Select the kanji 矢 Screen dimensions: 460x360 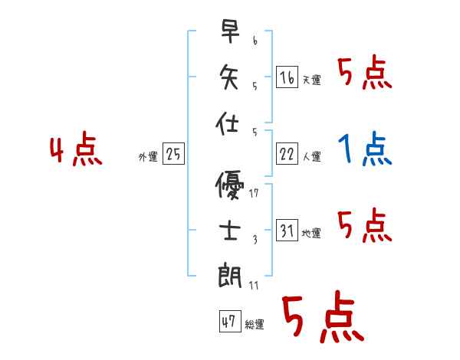click(x=229, y=77)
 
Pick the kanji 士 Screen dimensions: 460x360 click(x=230, y=231)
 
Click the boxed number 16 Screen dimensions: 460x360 click(x=287, y=77)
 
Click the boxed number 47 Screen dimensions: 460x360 click(x=229, y=322)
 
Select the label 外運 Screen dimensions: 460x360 click(x=147, y=157)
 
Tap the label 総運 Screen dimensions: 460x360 click(x=255, y=325)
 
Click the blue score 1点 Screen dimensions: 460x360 click(x=365, y=149)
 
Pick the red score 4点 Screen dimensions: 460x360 click(x=76, y=151)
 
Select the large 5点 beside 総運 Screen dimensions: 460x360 click(x=322, y=318)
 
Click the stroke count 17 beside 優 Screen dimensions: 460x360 click(x=255, y=193)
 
